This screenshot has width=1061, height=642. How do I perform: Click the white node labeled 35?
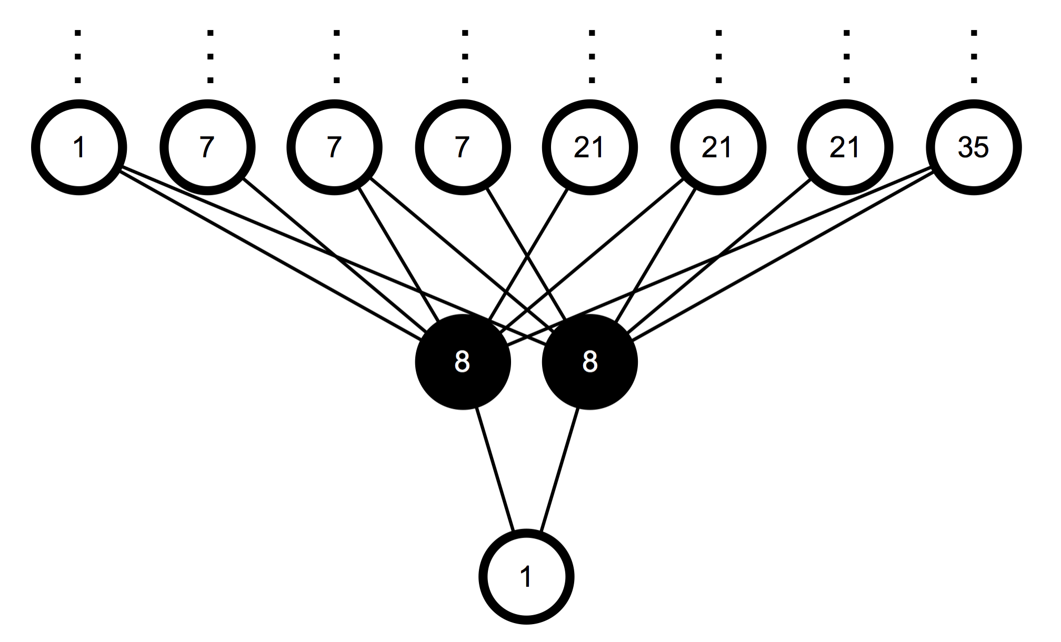(x=973, y=147)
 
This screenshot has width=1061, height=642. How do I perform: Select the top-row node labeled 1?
(x=79, y=147)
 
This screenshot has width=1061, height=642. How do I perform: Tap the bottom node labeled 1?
(x=526, y=577)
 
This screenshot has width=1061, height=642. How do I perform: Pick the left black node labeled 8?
(x=463, y=362)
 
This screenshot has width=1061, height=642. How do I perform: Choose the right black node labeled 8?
(x=589, y=362)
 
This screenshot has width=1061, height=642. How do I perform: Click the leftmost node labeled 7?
(x=207, y=147)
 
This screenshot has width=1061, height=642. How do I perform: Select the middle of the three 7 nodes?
(x=335, y=147)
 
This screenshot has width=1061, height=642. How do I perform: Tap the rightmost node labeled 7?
(x=463, y=147)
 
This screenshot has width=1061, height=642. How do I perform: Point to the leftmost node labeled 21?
(x=589, y=147)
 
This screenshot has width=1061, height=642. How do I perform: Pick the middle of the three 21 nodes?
(x=718, y=147)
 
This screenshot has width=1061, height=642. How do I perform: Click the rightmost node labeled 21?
(x=845, y=147)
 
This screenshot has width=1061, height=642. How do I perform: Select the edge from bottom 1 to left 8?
(x=494, y=468)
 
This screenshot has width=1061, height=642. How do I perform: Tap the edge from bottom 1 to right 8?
(x=559, y=468)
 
